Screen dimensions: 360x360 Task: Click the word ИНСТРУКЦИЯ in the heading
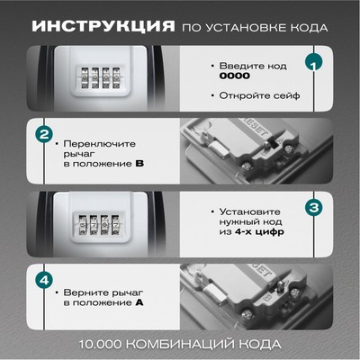[103, 27]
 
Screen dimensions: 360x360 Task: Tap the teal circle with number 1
[313, 63]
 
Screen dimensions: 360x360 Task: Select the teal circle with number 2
[44, 134]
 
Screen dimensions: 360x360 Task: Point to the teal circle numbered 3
[314, 208]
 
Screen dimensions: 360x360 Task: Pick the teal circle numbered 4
[44, 281]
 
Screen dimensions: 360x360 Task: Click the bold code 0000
[235, 76]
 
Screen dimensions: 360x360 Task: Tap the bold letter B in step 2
[139, 164]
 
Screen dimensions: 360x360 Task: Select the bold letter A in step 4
[139, 302]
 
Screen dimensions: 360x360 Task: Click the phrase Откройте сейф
[260, 95]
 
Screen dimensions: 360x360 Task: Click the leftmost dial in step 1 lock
[85, 78]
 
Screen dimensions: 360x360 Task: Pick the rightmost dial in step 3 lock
[116, 225]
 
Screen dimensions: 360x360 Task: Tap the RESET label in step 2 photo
[254, 127]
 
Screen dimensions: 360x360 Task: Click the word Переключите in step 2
[100, 144]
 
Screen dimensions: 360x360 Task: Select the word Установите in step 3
[250, 211]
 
